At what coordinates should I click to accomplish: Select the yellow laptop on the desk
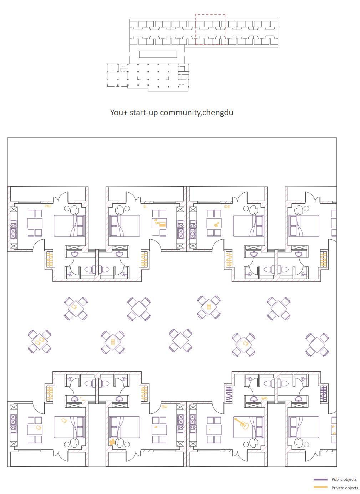click(162, 224)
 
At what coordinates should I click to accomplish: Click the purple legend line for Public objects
click(320, 480)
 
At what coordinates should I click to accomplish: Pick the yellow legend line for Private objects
click(320, 488)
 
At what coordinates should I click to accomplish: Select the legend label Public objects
click(344, 480)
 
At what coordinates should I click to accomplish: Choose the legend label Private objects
click(345, 488)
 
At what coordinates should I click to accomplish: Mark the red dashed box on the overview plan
click(211, 30)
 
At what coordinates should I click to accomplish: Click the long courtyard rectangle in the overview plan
click(158, 54)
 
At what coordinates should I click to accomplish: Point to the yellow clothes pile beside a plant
click(112, 442)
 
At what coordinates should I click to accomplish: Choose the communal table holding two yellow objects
click(40, 341)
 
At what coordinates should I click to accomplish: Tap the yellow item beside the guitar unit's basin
click(264, 398)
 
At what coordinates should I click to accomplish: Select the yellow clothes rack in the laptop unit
click(144, 259)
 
